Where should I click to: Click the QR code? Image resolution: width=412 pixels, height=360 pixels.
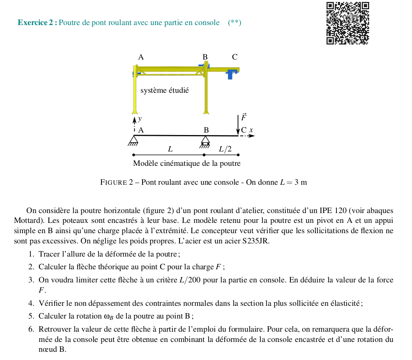(x=348, y=23)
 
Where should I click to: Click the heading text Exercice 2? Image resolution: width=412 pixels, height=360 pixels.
(x=35, y=23)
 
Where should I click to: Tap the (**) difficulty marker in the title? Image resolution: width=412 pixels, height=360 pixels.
(x=234, y=23)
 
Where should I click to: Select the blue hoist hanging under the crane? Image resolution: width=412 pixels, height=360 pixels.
(x=232, y=74)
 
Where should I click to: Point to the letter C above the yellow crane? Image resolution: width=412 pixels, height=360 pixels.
(x=235, y=57)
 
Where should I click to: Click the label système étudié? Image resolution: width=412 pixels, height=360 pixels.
(x=164, y=90)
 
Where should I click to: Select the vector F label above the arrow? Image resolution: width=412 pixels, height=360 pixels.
(x=244, y=117)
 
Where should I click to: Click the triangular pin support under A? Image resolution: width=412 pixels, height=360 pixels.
(x=133, y=140)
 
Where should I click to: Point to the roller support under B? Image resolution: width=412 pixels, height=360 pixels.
(x=205, y=141)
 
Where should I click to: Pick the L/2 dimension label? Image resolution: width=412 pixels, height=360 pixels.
(x=225, y=149)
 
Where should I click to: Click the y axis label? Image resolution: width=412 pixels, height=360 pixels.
(x=140, y=119)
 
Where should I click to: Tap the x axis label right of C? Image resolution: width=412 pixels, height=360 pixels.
(x=252, y=130)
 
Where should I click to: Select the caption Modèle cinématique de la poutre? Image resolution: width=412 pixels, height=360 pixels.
(x=186, y=163)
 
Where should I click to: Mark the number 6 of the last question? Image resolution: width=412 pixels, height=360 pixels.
(x=31, y=329)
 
